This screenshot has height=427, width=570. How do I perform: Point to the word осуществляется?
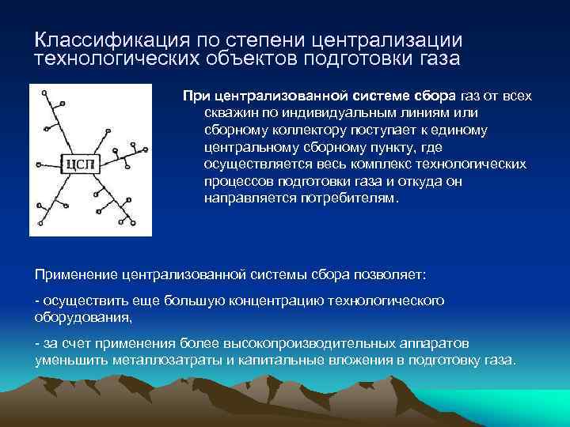[253, 164]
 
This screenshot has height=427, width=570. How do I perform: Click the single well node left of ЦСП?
[38, 165]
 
